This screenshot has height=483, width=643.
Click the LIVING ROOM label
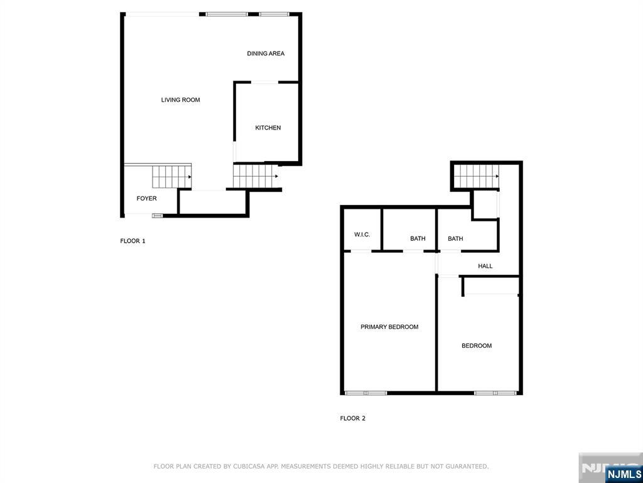(x=180, y=100)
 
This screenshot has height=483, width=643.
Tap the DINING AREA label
(x=266, y=53)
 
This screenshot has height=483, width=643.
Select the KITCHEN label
(x=267, y=128)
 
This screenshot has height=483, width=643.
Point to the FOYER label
(x=146, y=199)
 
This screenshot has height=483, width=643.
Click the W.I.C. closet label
(x=362, y=235)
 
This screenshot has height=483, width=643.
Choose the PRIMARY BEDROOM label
(x=389, y=327)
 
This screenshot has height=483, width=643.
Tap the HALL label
(x=485, y=266)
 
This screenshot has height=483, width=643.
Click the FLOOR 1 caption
(x=132, y=241)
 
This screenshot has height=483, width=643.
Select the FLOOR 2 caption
(x=352, y=418)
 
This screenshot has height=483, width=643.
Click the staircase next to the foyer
(x=171, y=177)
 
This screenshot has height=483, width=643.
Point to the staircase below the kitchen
(x=254, y=176)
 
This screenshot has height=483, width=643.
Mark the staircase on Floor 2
(x=475, y=176)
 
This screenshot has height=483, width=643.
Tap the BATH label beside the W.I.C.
(x=418, y=238)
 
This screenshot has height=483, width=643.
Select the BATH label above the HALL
(x=455, y=238)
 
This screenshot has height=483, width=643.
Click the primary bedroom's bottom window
(x=365, y=393)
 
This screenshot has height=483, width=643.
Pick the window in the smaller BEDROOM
(x=495, y=393)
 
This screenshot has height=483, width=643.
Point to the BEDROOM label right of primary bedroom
(x=477, y=346)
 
